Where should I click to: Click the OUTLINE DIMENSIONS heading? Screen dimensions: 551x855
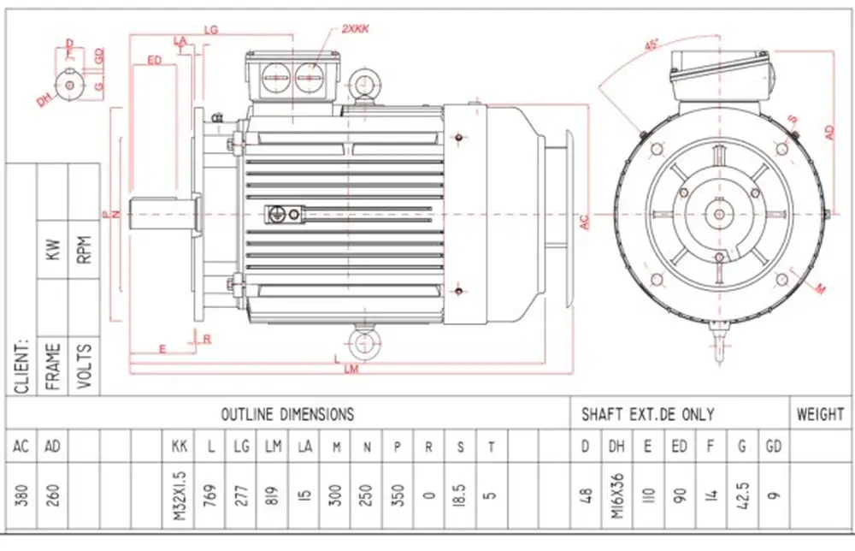287,414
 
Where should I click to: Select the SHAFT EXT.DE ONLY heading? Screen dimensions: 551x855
647,414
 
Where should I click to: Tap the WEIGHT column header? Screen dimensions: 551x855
820,414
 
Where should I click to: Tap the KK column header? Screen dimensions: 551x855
179,445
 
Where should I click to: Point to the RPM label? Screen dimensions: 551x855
84,248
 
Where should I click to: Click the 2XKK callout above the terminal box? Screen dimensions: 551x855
356,29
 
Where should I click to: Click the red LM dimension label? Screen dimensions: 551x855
349,370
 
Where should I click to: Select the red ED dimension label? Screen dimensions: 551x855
155,60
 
